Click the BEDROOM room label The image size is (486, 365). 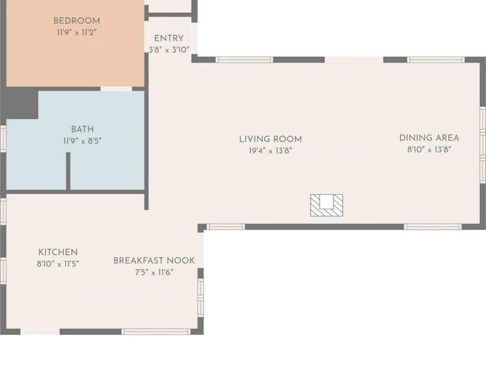coord(77,21)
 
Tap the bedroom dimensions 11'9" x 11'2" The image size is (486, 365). coord(77,32)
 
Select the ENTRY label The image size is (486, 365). coord(168,39)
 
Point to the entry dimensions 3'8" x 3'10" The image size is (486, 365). coord(168,50)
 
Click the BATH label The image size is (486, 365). coord(83,129)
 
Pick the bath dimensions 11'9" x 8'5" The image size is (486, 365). coord(83,141)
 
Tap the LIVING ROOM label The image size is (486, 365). coord(270,140)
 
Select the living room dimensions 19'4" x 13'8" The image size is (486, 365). coord(270,151)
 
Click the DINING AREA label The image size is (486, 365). coord(429,138)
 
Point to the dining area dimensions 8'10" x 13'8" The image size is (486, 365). coord(429,149)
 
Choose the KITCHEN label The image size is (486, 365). coord(58,252)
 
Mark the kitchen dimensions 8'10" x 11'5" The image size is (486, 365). coord(58,264)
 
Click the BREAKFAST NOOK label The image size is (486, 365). coord(154,260)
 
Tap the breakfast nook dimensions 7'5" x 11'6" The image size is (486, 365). coord(154,272)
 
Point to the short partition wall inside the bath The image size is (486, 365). coord(68,171)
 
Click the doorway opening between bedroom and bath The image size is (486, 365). coord(116,89)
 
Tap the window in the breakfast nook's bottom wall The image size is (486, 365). coord(156,332)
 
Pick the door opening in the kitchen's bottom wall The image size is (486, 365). coord(40,332)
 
